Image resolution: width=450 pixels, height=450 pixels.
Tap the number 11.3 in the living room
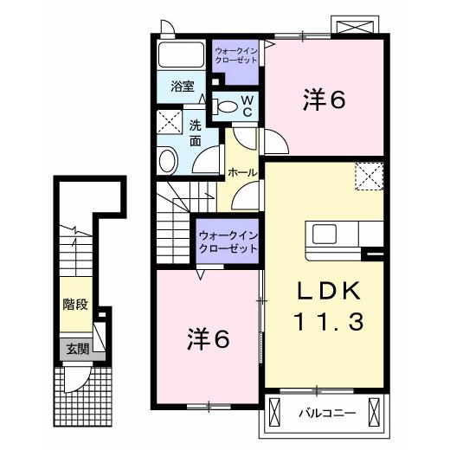pyautogui.click(x=328, y=322)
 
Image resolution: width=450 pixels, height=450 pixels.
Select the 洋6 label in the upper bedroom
pyautogui.click(x=325, y=100)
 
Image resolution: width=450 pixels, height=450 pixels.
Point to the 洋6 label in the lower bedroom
pyautogui.click(x=209, y=339)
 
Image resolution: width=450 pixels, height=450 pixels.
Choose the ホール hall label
pyautogui.click(x=241, y=172)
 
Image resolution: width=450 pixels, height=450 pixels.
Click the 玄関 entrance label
pyautogui.click(x=75, y=350)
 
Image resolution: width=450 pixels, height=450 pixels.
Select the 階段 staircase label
pyautogui.click(x=74, y=305)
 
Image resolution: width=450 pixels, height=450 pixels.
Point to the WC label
pyautogui.click(x=247, y=106)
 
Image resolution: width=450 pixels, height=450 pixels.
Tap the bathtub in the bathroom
pyautogui.click(x=182, y=59)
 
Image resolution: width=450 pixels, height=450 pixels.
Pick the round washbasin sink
pyautogui.click(x=168, y=160)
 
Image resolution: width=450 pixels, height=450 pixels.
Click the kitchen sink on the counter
pyautogui.click(x=327, y=234)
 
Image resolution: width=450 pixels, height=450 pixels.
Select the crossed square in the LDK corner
pyautogui.click(x=370, y=177)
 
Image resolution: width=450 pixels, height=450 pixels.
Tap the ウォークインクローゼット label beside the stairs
pyautogui.click(x=228, y=241)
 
